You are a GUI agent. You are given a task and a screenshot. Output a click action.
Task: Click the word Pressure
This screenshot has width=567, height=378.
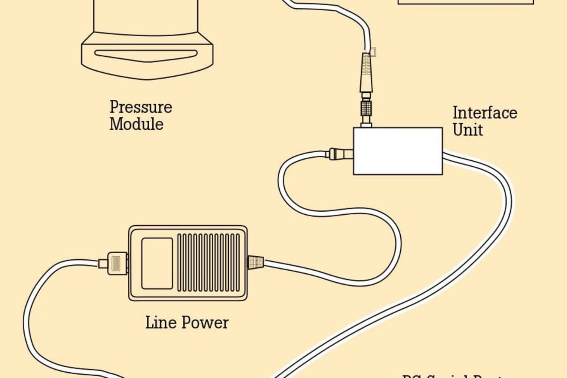[141, 107]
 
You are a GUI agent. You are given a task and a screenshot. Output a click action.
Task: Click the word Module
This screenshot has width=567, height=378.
[136, 124]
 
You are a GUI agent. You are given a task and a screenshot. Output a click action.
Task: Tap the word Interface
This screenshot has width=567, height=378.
[485, 113]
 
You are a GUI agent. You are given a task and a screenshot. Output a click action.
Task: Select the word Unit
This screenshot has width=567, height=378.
[468, 130]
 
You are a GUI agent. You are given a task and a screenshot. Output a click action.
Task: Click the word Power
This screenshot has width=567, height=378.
[205, 322]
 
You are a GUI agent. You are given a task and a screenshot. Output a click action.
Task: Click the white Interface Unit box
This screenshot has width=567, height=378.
[398, 151]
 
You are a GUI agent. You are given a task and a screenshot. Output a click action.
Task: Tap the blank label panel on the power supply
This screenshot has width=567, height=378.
[157, 263]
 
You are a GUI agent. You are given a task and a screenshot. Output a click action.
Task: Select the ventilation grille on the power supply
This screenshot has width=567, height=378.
[208, 263]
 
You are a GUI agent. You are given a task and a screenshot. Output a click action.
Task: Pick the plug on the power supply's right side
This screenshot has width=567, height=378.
[256, 262]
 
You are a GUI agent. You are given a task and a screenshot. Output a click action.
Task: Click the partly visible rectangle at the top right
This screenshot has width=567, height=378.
[465, 2]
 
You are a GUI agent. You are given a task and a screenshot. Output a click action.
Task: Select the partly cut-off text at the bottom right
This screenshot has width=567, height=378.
[454, 376]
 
